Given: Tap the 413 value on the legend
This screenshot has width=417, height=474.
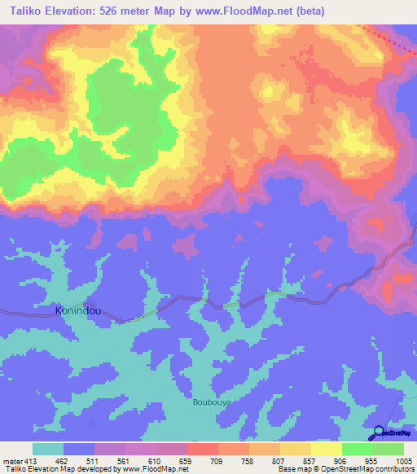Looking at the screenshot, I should [31, 460].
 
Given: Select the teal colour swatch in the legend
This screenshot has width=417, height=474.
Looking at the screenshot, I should [48, 449].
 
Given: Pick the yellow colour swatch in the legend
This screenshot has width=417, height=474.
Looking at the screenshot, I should [326, 449].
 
